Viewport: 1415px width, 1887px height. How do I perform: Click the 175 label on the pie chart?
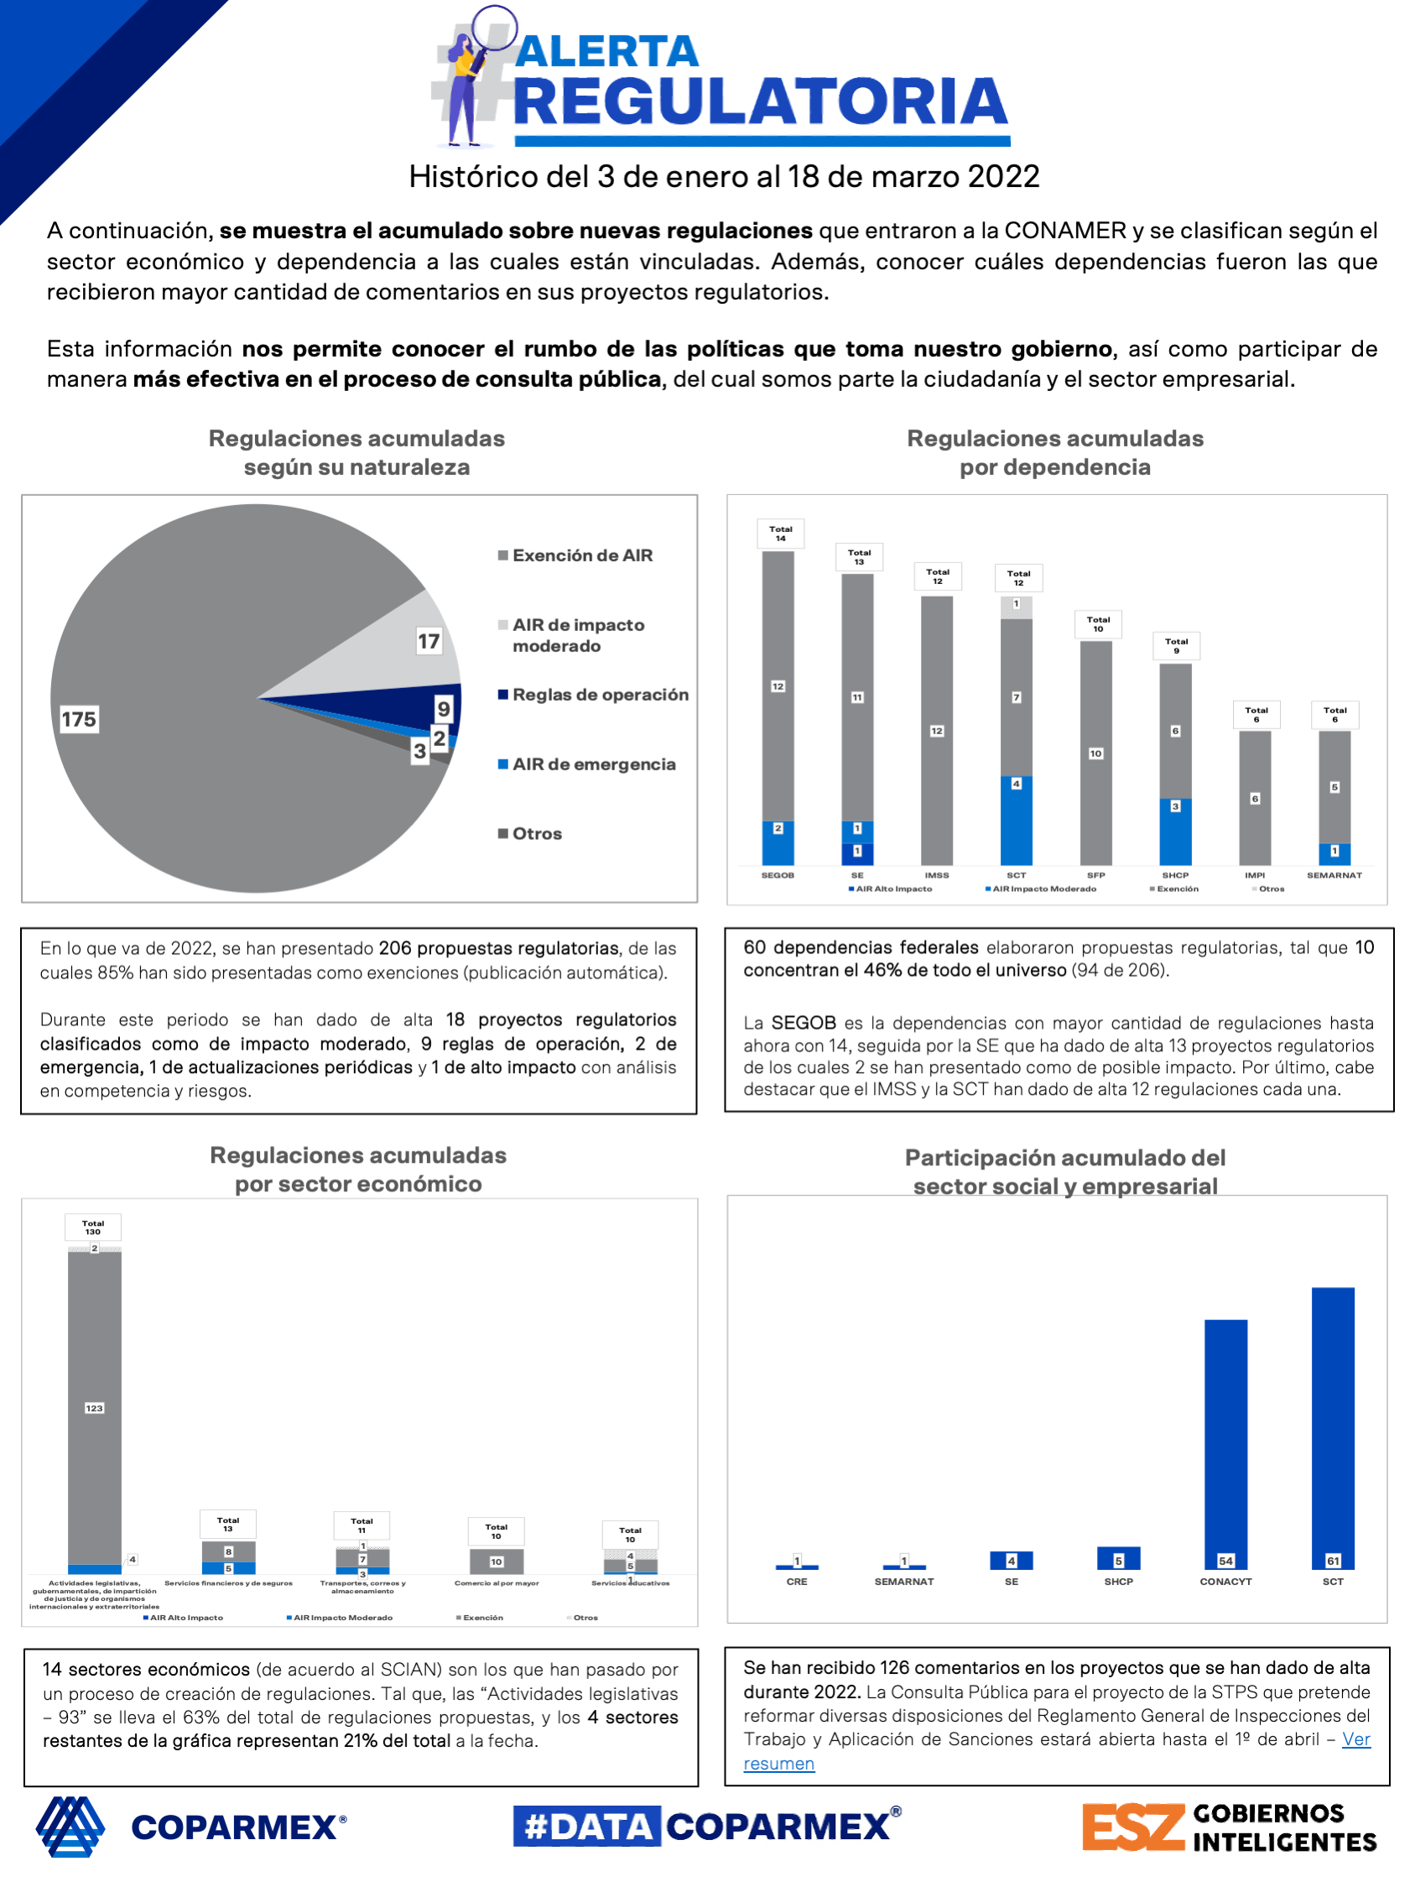79,719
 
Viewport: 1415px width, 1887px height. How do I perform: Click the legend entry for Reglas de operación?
600,695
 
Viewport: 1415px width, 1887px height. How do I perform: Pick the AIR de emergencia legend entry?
593,764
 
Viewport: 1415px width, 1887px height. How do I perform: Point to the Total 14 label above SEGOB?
780,534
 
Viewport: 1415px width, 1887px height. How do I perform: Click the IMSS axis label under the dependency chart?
937,875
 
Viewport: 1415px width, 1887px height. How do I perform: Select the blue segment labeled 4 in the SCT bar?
1016,819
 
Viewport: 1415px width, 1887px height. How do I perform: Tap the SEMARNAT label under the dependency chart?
1334,875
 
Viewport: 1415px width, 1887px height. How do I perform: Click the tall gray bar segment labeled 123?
95,1408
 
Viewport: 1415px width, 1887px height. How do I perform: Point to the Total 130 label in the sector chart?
93,1228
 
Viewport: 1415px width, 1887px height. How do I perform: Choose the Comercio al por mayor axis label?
497,1583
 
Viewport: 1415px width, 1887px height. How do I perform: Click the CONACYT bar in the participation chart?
1225,1441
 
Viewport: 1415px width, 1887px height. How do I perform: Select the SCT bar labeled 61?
1332,1425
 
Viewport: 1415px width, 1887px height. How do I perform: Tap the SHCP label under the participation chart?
1118,1582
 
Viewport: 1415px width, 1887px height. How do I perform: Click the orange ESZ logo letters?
1132,1827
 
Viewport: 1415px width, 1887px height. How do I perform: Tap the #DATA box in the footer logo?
587,1827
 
